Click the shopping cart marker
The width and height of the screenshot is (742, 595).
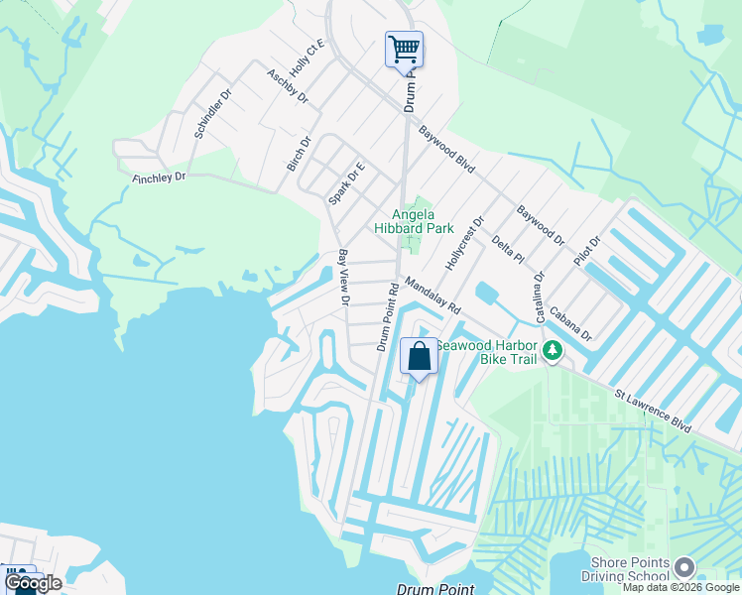(404, 49)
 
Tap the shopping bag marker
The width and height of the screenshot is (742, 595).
(419, 357)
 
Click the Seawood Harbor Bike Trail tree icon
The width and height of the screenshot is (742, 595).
(553, 351)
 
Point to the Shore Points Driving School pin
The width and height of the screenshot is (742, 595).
(683, 567)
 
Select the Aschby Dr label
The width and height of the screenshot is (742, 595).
(288, 87)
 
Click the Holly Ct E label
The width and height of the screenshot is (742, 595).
(307, 59)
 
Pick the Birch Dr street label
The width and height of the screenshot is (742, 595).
(299, 155)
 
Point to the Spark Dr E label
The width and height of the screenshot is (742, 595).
(347, 183)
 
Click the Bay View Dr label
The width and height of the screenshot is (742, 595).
(343, 278)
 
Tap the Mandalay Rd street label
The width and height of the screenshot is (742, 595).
(432, 296)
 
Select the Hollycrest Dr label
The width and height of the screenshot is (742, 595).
(465, 245)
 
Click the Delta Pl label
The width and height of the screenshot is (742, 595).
(507, 250)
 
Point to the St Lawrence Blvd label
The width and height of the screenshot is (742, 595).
(652, 410)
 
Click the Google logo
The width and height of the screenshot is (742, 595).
(33, 583)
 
